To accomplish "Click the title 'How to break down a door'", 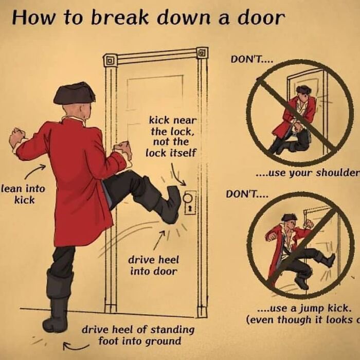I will tap(148, 18).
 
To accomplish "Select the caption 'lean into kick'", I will tap(23, 194).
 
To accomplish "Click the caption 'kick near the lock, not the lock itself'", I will tap(169, 136).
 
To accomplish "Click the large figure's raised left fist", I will tap(18, 138).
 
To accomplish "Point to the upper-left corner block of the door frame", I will tap(109, 60).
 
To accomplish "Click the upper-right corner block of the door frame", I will tap(202, 52).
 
